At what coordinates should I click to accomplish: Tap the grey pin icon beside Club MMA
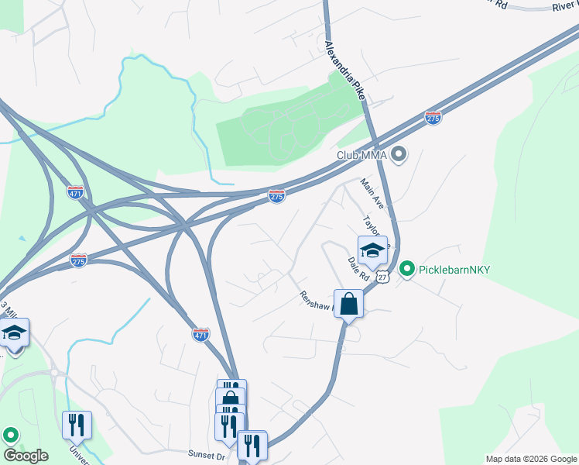(x=399, y=155)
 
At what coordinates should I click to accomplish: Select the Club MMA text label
(x=361, y=155)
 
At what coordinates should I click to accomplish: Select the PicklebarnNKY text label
(x=456, y=270)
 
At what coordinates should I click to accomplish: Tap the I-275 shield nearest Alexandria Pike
(x=433, y=118)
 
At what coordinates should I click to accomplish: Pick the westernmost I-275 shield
(x=78, y=260)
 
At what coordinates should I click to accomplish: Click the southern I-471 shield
(x=200, y=334)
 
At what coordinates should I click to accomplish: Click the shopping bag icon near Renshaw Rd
(x=348, y=303)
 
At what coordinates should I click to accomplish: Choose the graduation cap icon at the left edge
(x=14, y=333)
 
